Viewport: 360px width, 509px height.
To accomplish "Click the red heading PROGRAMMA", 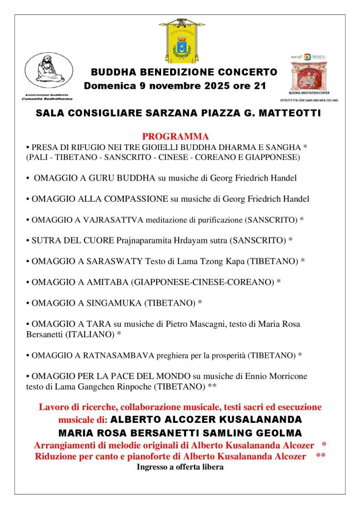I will tap(176, 136).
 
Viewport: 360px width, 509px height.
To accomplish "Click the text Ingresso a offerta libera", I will tap(179, 467).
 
